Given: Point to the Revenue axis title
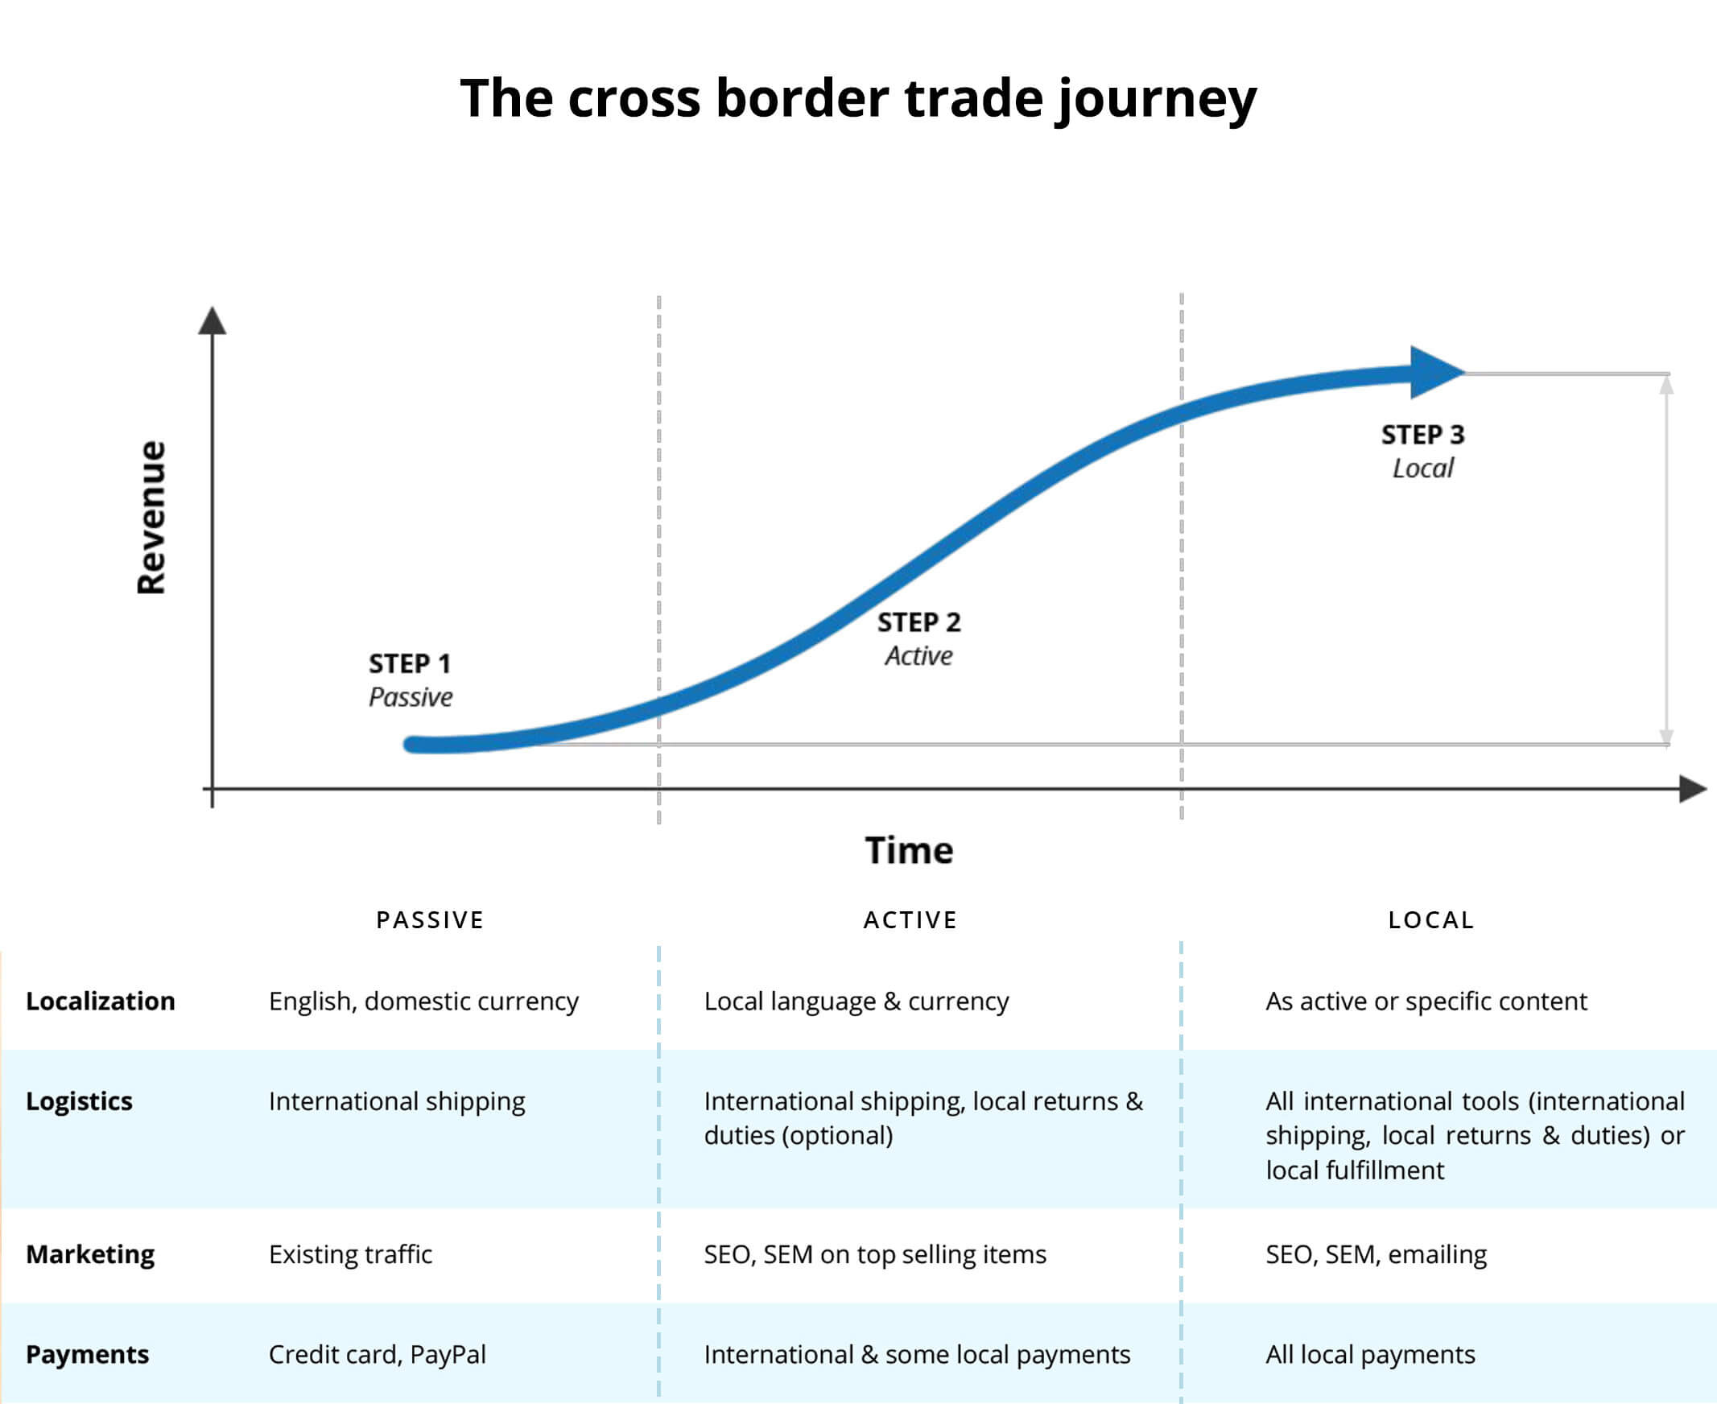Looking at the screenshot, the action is click(151, 518).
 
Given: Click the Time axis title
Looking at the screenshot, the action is click(909, 851).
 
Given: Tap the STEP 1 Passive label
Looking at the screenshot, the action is click(410, 680).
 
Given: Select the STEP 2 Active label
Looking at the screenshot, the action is click(918, 639).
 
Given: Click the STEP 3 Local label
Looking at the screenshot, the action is click(1422, 452).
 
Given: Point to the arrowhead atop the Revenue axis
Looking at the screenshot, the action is click(212, 320).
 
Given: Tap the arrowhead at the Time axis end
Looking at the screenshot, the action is click(1694, 788).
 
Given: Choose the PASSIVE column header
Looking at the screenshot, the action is click(431, 920).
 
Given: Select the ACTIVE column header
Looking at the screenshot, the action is click(910, 920).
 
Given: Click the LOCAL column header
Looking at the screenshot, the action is click(1431, 920).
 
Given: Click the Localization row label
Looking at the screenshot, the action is click(101, 1001).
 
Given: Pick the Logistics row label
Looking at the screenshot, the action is click(79, 1101).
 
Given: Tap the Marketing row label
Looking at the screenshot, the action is click(90, 1254).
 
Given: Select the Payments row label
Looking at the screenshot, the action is click(88, 1355).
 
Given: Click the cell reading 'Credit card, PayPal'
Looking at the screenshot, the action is click(378, 1355).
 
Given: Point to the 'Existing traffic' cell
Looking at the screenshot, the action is click(350, 1254).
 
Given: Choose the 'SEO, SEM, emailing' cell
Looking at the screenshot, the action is click(1376, 1254).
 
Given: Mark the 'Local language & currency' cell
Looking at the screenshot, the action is click(856, 1001).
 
